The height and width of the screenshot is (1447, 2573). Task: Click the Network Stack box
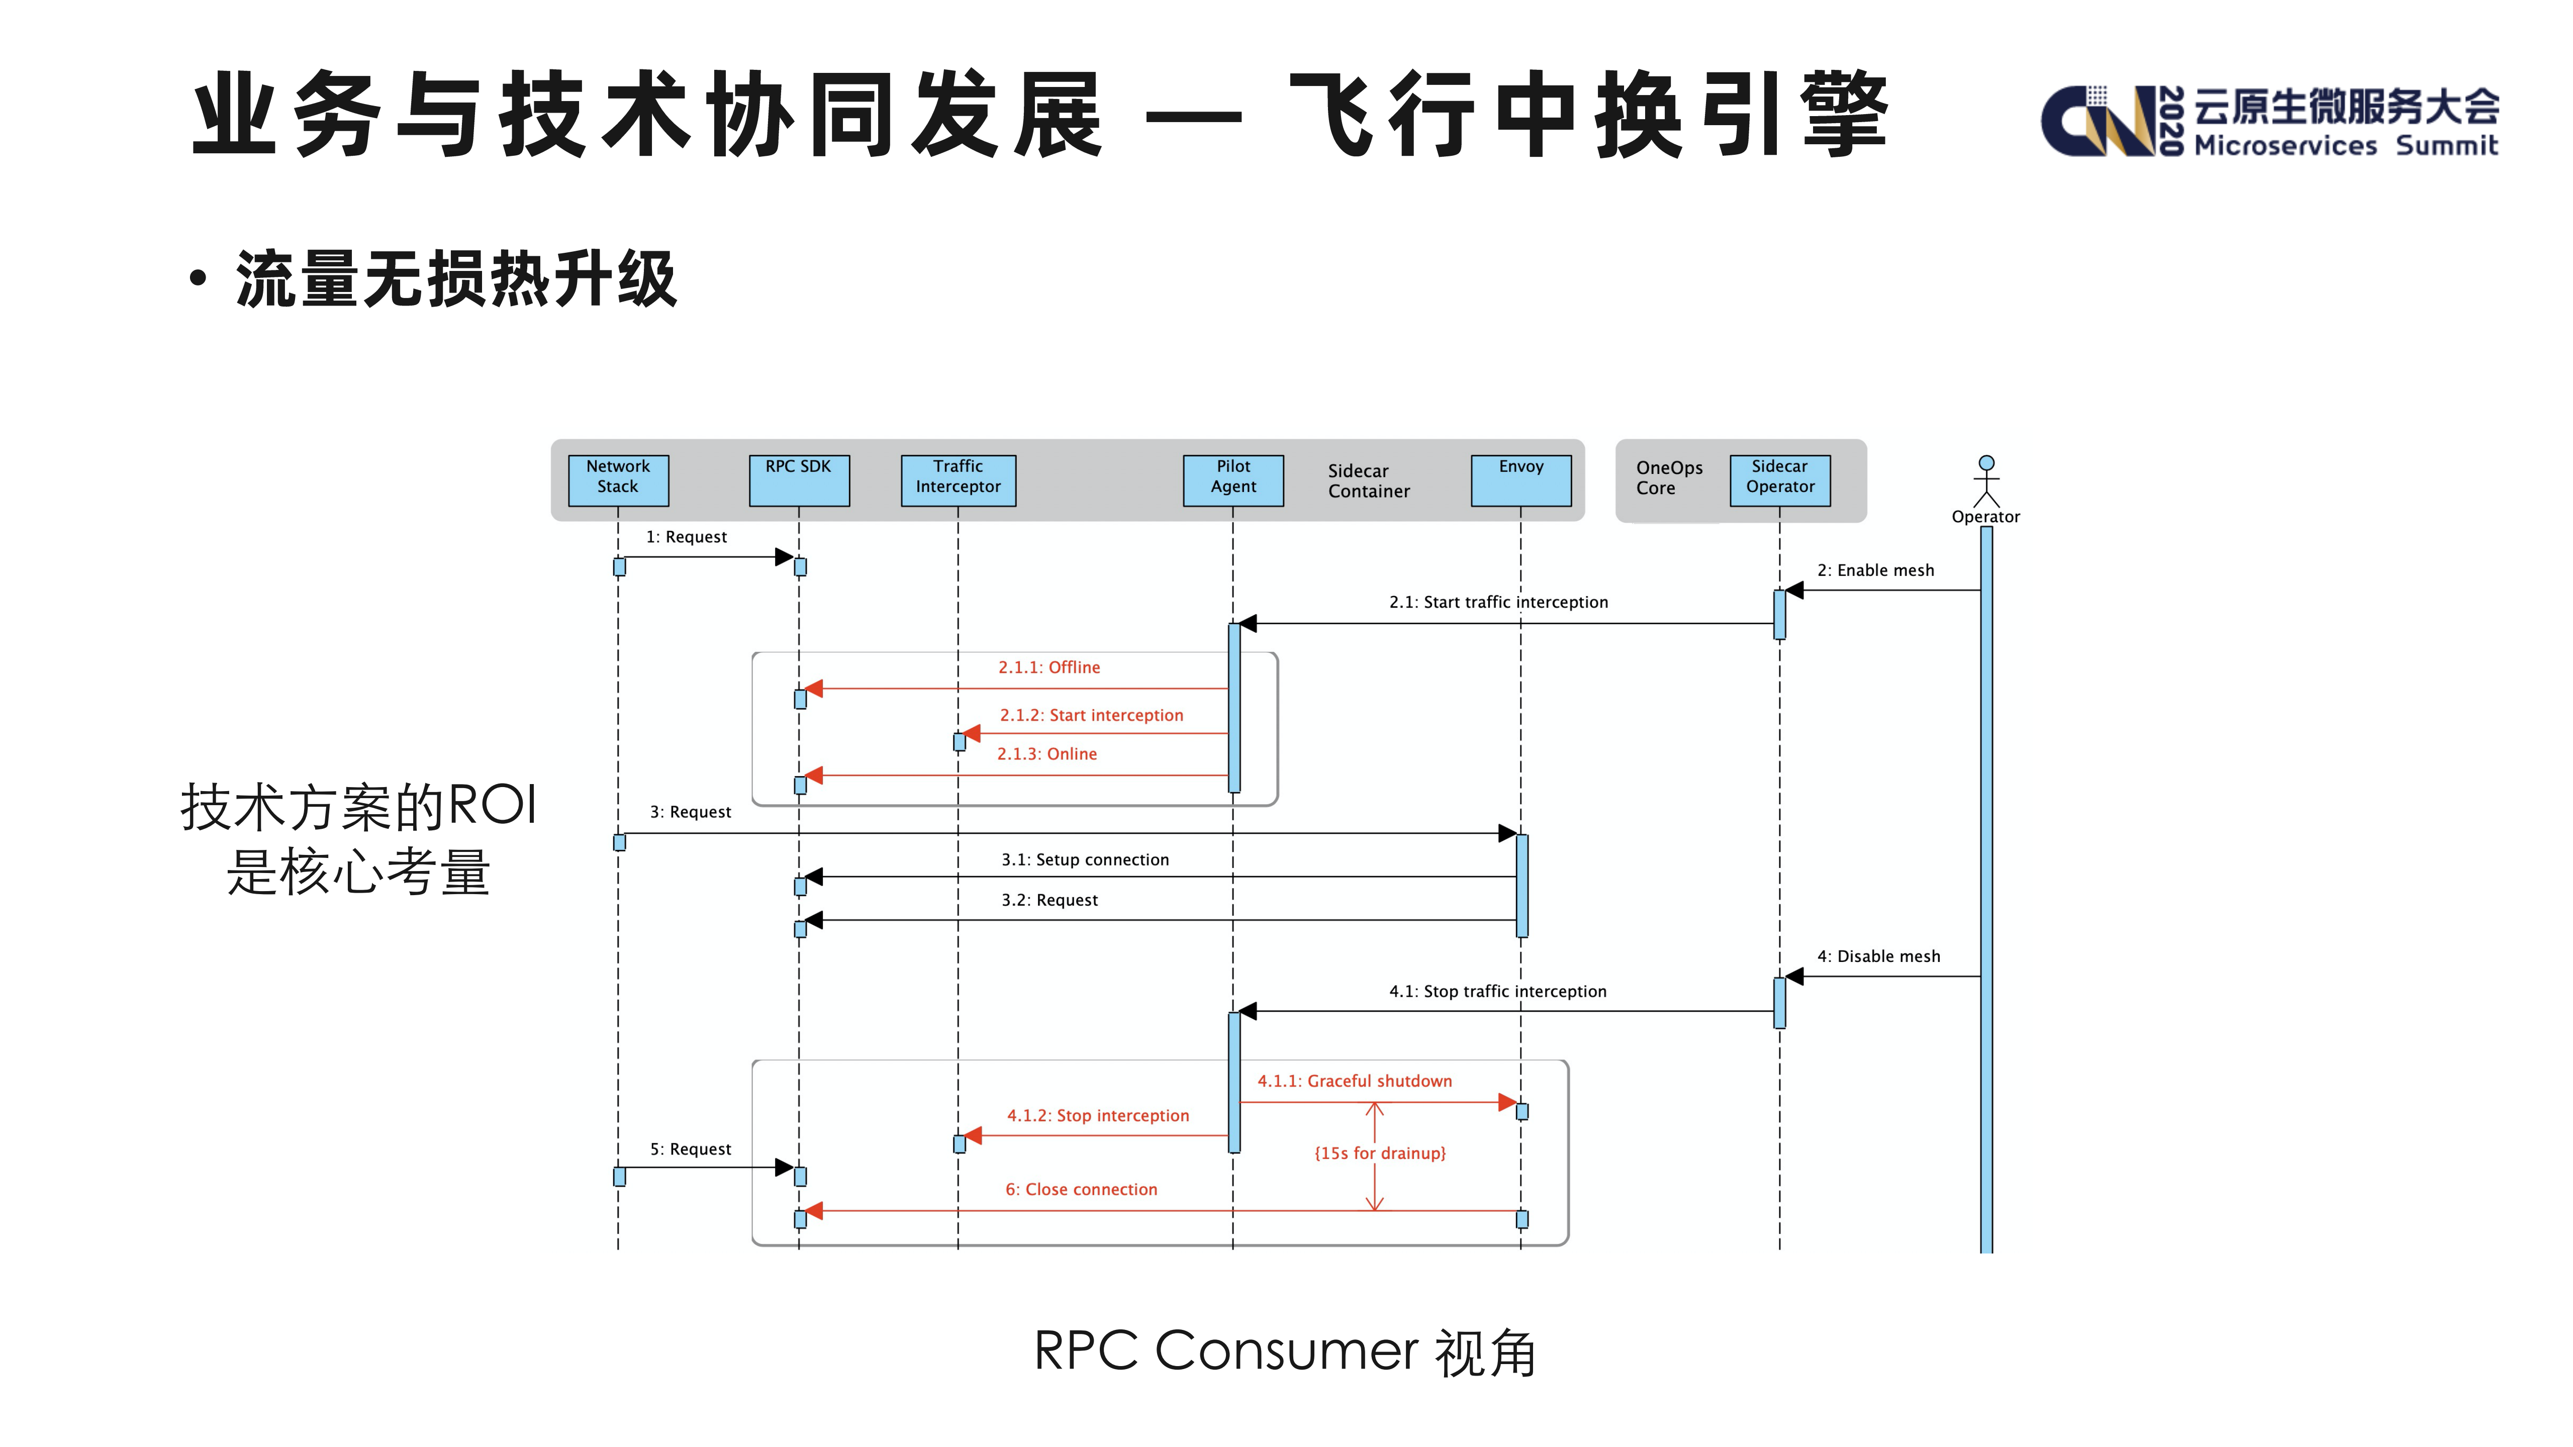point(618,480)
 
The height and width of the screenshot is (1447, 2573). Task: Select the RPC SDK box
point(799,480)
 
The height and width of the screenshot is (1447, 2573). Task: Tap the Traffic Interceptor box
point(958,480)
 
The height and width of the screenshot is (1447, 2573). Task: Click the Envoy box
point(1520,480)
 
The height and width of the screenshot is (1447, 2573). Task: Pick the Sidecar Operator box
point(1780,480)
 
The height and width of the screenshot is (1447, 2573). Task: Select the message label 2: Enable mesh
point(1875,570)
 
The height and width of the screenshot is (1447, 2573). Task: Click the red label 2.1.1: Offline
point(1049,667)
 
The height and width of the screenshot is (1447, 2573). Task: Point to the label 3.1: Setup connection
point(1085,860)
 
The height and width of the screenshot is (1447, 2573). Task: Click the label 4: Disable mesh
point(1878,956)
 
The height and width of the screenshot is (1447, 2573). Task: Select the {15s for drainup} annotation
point(1379,1153)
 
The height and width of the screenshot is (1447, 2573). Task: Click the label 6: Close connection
point(1081,1189)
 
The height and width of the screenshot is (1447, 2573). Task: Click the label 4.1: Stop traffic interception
point(1497,992)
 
